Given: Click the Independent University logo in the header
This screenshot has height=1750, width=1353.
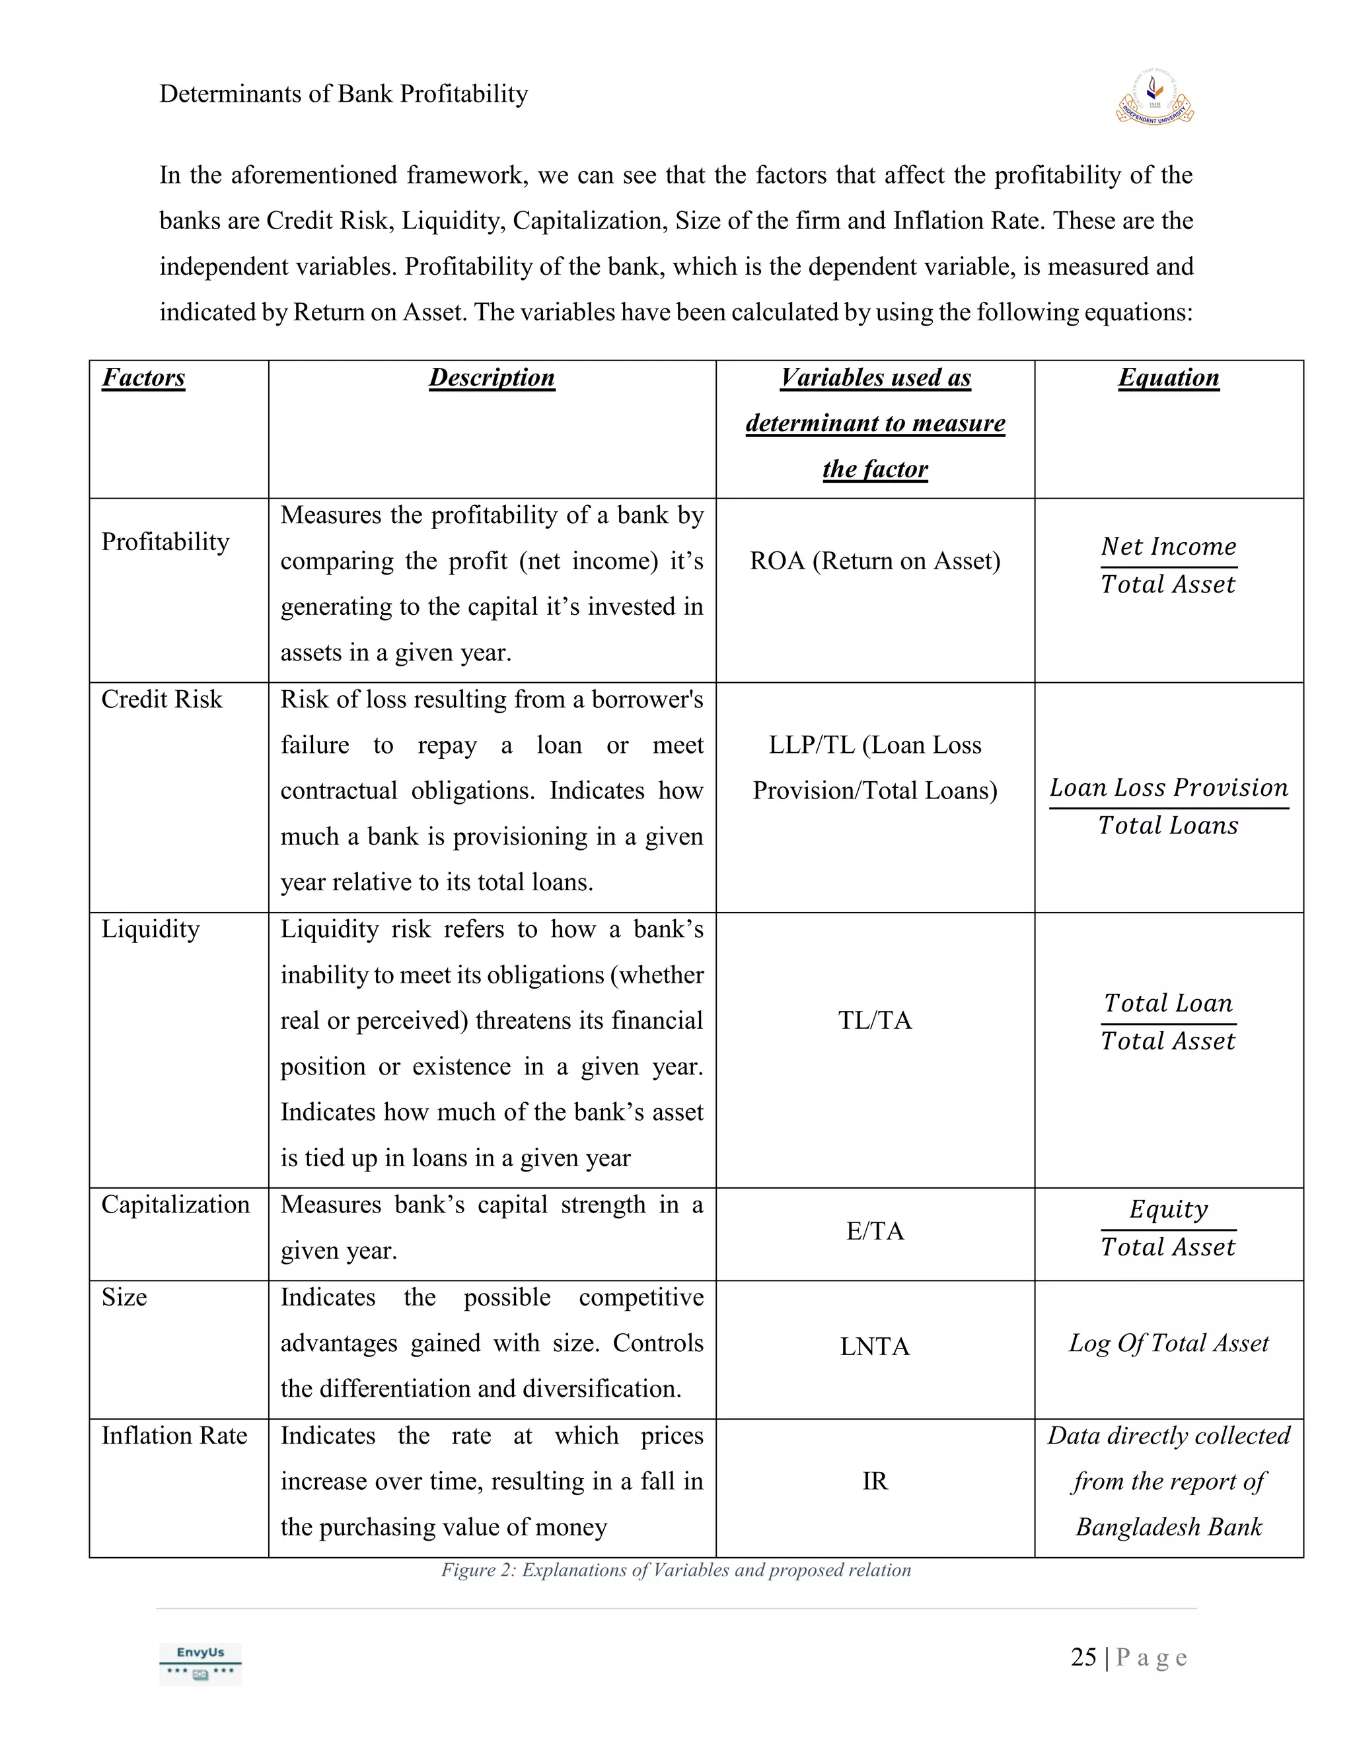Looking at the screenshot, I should pyautogui.click(x=1154, y=97).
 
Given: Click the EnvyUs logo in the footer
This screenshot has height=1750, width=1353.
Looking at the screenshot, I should pyautogui.click(x=200, y=1663).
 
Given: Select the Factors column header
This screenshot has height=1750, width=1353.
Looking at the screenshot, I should pyautogui.click(x=143, y=377).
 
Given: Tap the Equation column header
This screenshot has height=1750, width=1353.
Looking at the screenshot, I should pyautogui.click(x=1168, y=377).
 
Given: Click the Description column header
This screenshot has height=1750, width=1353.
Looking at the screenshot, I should pyautogui.click(x=492, y=377).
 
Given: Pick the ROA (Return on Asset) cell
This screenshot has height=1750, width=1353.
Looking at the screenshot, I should pyautogui.click(x=875, y=561).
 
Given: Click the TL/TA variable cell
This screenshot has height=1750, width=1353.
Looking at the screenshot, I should pyautogui.click(x=875, y=1020).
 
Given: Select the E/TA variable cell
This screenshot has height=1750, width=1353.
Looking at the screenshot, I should pyautogui.click(x=875, y=1231).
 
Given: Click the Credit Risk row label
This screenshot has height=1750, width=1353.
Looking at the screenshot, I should pyautogui.click(x=162, y=699).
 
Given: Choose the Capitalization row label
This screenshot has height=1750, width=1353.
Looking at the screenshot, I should pyautogui.click(x=176, y=1205).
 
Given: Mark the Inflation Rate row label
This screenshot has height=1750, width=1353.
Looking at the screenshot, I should pyautogui.click(x=174, y=1435).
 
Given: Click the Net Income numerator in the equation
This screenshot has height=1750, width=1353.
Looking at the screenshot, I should pyautogui.click(x=1168, y=547).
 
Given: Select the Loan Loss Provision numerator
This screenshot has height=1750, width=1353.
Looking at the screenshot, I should pyautogui.click(x=1168, y=788).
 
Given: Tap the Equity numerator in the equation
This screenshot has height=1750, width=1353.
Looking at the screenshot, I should pyautogui.click(x=1168, y=1209).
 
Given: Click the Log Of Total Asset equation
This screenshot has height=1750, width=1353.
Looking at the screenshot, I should pyautogui.click(x=1168, y=1343).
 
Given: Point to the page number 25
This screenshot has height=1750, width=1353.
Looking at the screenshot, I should pyautogui.click(x=1083, y=1657).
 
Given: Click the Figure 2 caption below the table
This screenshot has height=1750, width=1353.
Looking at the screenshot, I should pyautogui.click(x=676, y=1570).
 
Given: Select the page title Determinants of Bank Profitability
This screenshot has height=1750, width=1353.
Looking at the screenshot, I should pyautogui.click(x=343, y=94).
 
